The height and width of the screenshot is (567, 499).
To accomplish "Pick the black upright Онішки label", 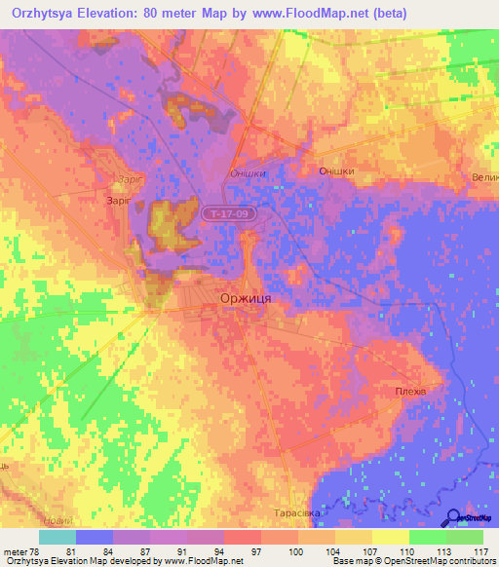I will pyautogui.click(x=336, y=170).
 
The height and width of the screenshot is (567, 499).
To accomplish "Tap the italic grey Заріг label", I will pyautogui.click(x=128, y=179).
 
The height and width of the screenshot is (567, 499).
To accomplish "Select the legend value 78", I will pyautogui.click(x=36, y=550).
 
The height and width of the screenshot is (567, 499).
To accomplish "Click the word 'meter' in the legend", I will pyautogui.click(x=16, y=550).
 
